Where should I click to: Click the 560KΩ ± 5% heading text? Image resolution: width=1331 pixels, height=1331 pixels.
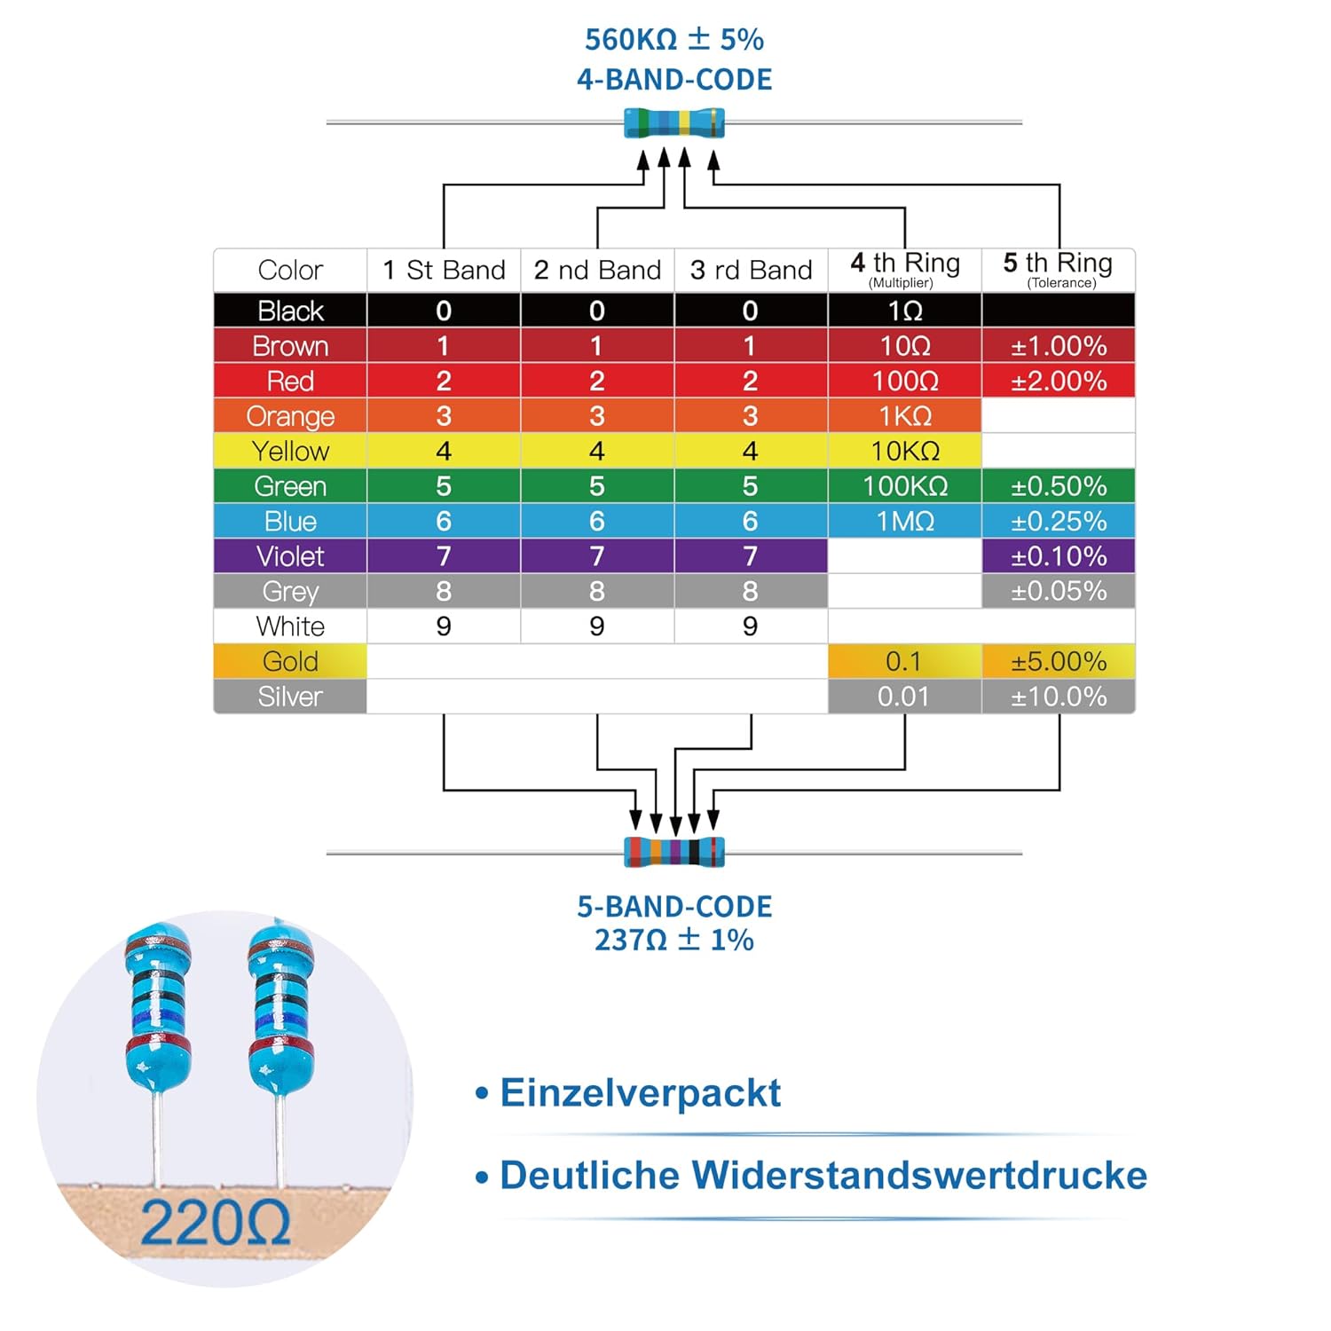[673, 40]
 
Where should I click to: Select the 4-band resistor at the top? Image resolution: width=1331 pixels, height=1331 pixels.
[674, 123]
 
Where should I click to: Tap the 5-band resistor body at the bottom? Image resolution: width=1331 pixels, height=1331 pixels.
[674, 852]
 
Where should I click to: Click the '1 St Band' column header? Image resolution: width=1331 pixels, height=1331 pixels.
[444, 270]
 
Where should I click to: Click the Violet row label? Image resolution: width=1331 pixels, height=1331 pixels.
[290, 556]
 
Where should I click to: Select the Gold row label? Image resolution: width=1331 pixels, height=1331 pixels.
[290, 661]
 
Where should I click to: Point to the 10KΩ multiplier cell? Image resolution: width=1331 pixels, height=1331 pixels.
[904, 451]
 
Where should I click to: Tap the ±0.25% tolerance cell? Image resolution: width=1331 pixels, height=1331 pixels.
[1059, 521]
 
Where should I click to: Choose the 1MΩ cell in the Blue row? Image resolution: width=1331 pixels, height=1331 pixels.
[904, 521]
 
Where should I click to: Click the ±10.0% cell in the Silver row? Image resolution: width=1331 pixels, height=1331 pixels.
[1059, 697]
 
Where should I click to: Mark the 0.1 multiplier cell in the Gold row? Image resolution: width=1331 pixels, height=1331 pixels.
[903, 661]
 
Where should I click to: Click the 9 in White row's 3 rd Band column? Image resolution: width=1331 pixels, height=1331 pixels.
[750, 626]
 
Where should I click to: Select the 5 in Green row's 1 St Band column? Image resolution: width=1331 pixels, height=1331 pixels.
[444, 486]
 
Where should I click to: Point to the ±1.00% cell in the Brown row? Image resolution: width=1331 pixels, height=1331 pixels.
[1059, 346]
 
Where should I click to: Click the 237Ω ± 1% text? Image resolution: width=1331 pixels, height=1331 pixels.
[673, 940]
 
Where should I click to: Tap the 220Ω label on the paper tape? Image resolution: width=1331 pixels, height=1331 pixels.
[215, 1224]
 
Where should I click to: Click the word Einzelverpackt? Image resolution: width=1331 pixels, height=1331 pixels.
[640, 1092]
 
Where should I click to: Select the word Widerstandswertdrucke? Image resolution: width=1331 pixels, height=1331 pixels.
[919, 1175]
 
